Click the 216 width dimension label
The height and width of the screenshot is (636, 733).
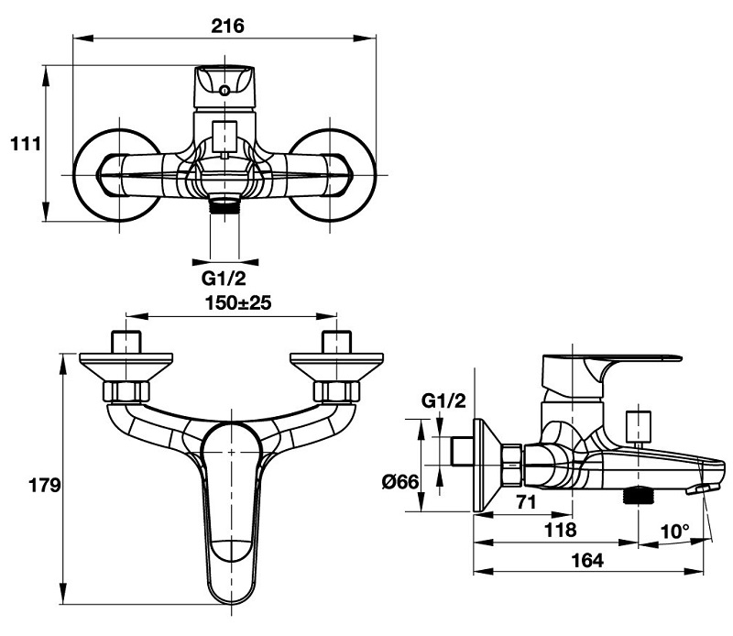tap(226, 26)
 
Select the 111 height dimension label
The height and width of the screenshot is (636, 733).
tap(25, 143)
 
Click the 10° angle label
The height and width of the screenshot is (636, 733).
tap(677, 529)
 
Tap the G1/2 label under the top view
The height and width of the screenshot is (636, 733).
tap(224, 277)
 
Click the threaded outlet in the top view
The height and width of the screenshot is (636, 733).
tap(224, 204)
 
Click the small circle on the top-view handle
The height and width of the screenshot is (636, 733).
tap(225, 90)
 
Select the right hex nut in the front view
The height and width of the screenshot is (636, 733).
tap(334, 390)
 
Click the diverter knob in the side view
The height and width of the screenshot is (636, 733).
tap(634, 426)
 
